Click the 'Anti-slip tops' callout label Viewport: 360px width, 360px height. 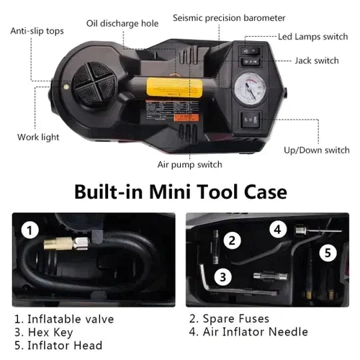(x=36, y=31)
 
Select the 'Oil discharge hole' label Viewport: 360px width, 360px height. (x=122, y=24)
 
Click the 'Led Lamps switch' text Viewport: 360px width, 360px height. (x=312, y=36)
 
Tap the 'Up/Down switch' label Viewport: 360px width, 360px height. (x=316, y=150)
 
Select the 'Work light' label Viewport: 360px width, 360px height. (x=38, y=137)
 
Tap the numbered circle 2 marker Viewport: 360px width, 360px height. (x=230, y=241)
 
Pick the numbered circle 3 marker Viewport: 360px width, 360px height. (x=223, y=276)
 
